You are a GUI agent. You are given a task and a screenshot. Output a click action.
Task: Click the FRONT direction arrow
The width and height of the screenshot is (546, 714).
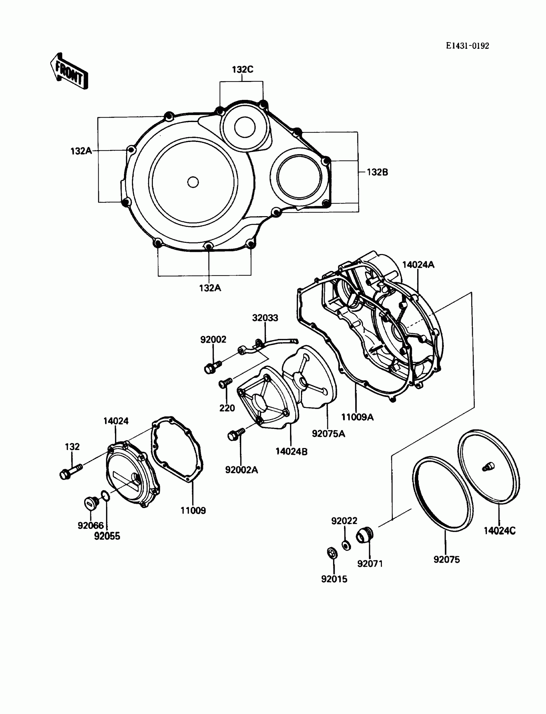click(x=69, y=72)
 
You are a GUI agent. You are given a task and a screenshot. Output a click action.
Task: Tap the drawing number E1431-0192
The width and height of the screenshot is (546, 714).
click(x=467, y=46)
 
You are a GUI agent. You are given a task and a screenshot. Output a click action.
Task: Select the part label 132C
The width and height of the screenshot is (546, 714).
click(x=242, y=70)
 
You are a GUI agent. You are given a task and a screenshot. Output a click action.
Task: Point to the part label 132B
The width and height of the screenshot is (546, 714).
click(x=377, y=172)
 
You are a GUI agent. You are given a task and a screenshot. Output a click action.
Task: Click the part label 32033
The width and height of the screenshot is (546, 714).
click(x=265, y=318)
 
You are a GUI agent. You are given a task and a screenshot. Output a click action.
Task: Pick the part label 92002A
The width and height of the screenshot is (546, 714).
click(x=242, y=470)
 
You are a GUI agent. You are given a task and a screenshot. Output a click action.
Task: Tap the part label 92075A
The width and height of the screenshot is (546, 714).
click(x=328, y=434)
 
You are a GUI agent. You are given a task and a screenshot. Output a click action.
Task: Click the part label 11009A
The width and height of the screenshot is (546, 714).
click(x=357, y=417)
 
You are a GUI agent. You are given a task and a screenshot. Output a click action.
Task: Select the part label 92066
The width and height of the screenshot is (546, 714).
click(x=90, y=525)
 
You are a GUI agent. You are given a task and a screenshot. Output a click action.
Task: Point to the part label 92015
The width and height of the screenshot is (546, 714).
click(x=334, y=579)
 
